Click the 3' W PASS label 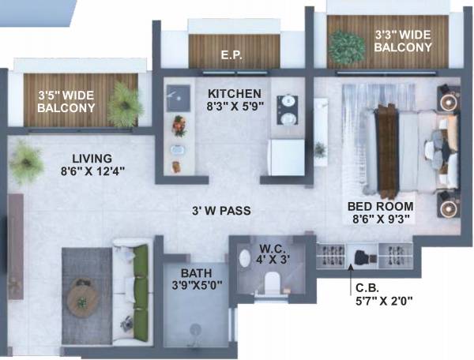(220, 211)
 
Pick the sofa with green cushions (132, 293)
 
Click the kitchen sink (175, 98)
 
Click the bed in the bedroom (408, 150)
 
